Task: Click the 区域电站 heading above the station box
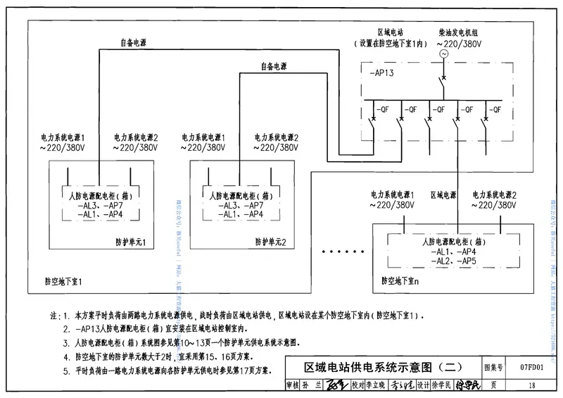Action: [389, 32]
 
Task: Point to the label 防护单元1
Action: [131, 242]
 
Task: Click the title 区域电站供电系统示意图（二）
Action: [383, 367]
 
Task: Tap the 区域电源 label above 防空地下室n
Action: [443, 194]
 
